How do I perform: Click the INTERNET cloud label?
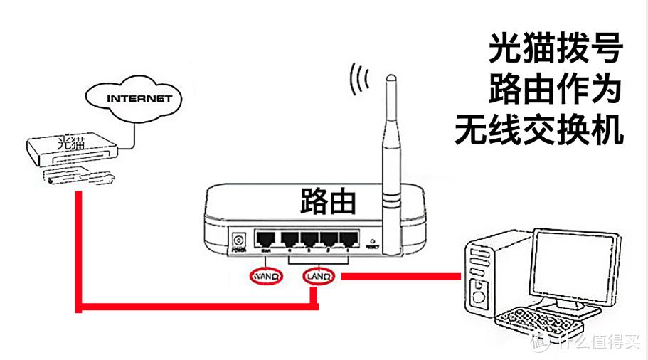(139, 97)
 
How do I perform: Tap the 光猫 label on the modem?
(70, 143)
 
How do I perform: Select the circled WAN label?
(266, 274)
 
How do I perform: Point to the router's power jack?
(238, 240)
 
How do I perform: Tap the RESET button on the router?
(371, 241)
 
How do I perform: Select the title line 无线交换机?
(538, 131)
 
